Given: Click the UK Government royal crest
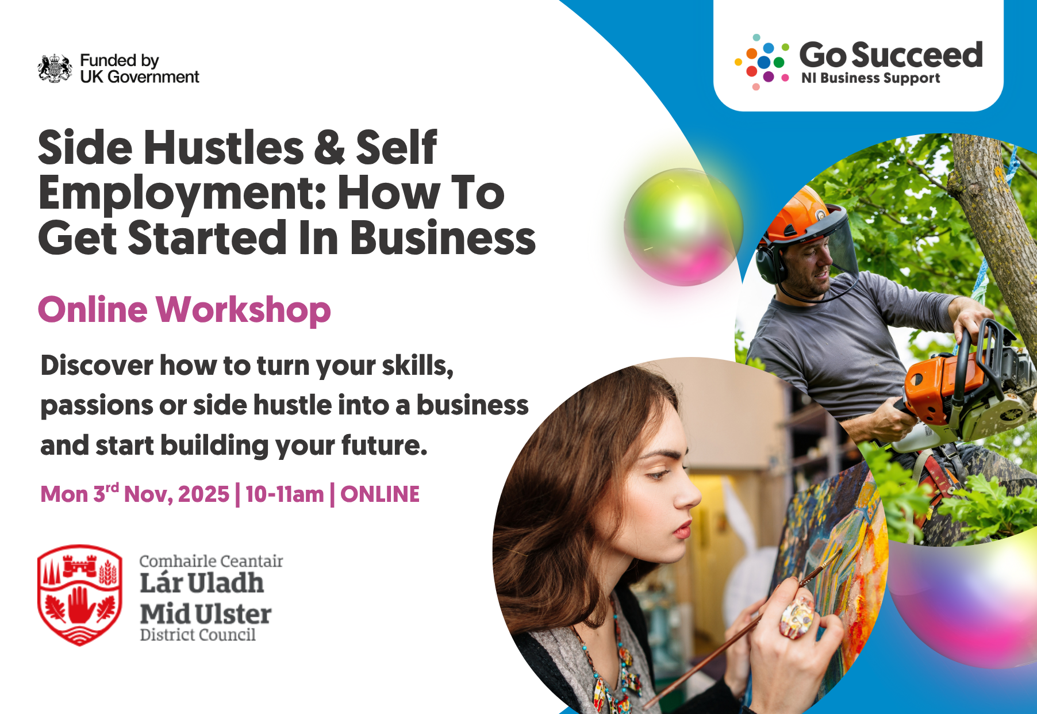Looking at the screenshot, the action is coord(55,68).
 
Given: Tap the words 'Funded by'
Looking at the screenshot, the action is coord(120,60).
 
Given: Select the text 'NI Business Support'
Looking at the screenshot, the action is coord(870,78).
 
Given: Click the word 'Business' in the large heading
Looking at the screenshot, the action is coord(443,238).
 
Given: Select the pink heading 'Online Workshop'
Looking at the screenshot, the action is coord(185,310).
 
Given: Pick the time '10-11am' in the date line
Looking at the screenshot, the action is coord(285,494).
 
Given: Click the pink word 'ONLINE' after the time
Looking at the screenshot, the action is coord(380,494).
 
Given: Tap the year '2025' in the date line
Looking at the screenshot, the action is coord(203,494).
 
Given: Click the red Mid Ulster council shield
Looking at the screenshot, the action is coord(80,594).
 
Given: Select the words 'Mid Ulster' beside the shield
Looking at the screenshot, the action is coord(206,614).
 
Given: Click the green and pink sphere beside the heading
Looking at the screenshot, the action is coord(683,227).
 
